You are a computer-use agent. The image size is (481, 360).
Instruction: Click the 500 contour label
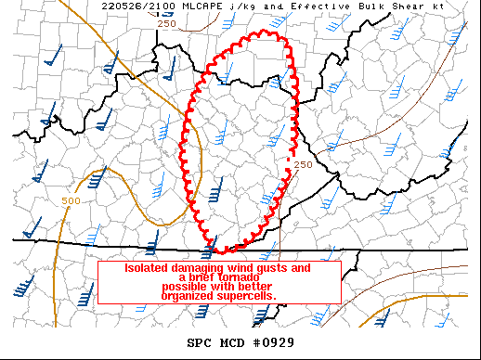[71, 201]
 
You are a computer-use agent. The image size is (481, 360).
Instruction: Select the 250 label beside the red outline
[303, 164]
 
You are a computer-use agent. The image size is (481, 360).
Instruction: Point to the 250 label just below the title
[166, 23]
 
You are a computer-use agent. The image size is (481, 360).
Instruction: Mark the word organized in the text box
[188, 297]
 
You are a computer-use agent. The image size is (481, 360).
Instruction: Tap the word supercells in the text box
[249, 297]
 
